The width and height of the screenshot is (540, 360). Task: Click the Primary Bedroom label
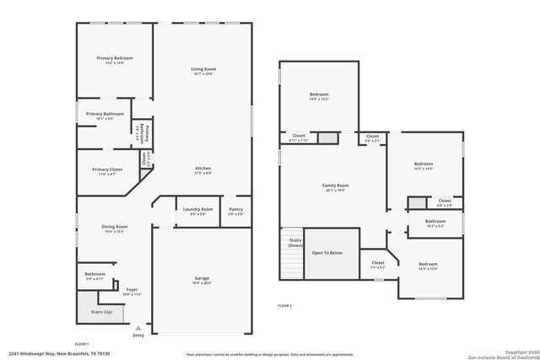[114, 58]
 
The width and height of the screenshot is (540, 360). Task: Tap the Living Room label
[203, 69]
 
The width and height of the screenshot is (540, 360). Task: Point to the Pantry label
[236, 209]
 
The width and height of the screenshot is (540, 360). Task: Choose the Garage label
[202, 278]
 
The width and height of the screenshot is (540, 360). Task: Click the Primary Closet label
[108, 169]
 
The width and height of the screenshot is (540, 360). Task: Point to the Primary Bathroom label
[105, 114]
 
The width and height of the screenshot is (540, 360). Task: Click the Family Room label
[335, 185]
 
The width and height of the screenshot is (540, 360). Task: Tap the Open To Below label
[327, 252]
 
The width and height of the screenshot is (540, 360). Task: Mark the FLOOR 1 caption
[82, 344]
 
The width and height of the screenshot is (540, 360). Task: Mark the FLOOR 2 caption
[284, 305]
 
